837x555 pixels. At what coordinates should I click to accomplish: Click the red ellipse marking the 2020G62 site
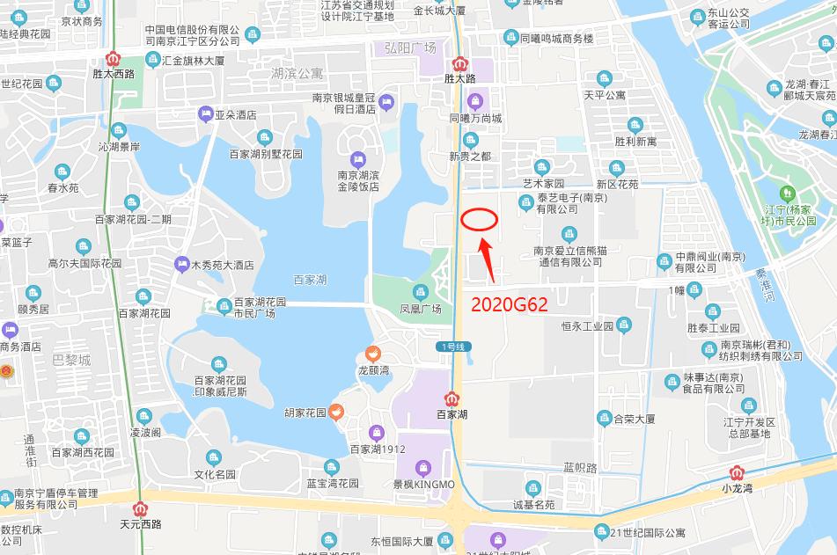(480, 219)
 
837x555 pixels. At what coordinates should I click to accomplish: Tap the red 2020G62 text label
(509, 305)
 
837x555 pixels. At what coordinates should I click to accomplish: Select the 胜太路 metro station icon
(459, 64)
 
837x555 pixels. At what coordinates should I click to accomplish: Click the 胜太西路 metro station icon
(113, 59)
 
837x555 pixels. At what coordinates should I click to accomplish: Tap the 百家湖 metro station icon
(452, 398)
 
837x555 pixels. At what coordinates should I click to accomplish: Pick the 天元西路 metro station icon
(140, 508)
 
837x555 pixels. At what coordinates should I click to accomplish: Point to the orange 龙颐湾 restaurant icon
(372, 354)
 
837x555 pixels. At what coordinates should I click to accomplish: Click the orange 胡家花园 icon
(335, 412)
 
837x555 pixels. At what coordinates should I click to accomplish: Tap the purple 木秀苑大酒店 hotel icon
(182, 263)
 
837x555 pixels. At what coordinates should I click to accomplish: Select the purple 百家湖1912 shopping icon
(376, 433)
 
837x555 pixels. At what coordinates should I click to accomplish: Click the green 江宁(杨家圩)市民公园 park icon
(785, 194)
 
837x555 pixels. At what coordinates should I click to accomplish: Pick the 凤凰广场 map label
(420, 309)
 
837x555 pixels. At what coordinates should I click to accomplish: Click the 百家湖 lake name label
(310, 280)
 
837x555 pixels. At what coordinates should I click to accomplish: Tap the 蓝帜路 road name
(580, 468)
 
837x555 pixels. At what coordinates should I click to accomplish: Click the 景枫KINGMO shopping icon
(423, 467)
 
